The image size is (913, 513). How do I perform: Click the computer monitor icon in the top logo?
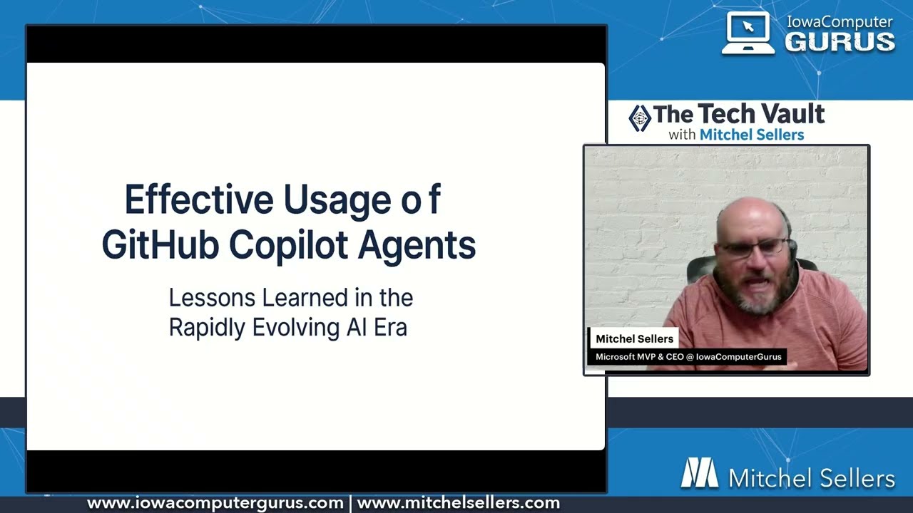click(x=748, y=33)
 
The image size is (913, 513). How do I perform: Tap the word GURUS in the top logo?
click(x=840, y=41)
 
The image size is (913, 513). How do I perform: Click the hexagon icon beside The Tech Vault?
click(x=640, y=118)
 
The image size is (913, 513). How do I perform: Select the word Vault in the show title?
click(x=791, y=114)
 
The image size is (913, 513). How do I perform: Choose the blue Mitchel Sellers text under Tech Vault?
click(x=751, y=135)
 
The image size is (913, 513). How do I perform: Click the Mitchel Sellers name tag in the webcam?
click(x=634, y=339)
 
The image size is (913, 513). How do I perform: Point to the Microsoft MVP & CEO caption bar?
click(x=688, y=357)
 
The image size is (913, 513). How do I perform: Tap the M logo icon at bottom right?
click(x=699, y=473)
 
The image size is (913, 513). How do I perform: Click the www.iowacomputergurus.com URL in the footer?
click(x=215, y=504)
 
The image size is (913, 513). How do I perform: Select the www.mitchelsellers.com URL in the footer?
click(x=458, y=504)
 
